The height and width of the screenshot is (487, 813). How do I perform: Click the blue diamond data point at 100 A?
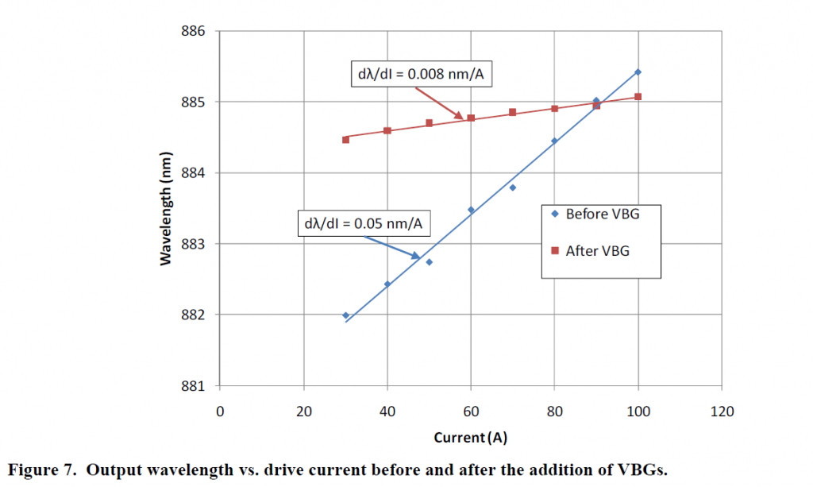tap(638, 72)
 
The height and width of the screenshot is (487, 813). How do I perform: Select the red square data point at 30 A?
tap(345, 139)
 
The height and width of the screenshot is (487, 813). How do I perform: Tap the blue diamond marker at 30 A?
tap(345, 315)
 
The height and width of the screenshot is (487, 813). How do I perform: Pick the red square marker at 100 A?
tap(638, 97)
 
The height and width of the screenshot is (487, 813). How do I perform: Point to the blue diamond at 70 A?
tap(512, 187)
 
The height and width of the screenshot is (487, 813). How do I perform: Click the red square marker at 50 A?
tap(429, 123)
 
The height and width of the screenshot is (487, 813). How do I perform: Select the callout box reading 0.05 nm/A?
tap(363, 223)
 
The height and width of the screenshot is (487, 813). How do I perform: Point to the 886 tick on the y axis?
tap(195, 32)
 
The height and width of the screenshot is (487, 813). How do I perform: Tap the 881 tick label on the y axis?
tap(195, 386)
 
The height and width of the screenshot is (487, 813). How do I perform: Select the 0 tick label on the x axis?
tap(220, 411)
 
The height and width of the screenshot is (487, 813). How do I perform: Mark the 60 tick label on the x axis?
tap(470, 411)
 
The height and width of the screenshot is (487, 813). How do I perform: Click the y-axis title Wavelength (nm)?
tap(166, 209)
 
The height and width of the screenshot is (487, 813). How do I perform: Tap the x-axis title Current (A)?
tap(470, 438)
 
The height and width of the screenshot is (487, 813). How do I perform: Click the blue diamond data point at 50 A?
tap(429, 262)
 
